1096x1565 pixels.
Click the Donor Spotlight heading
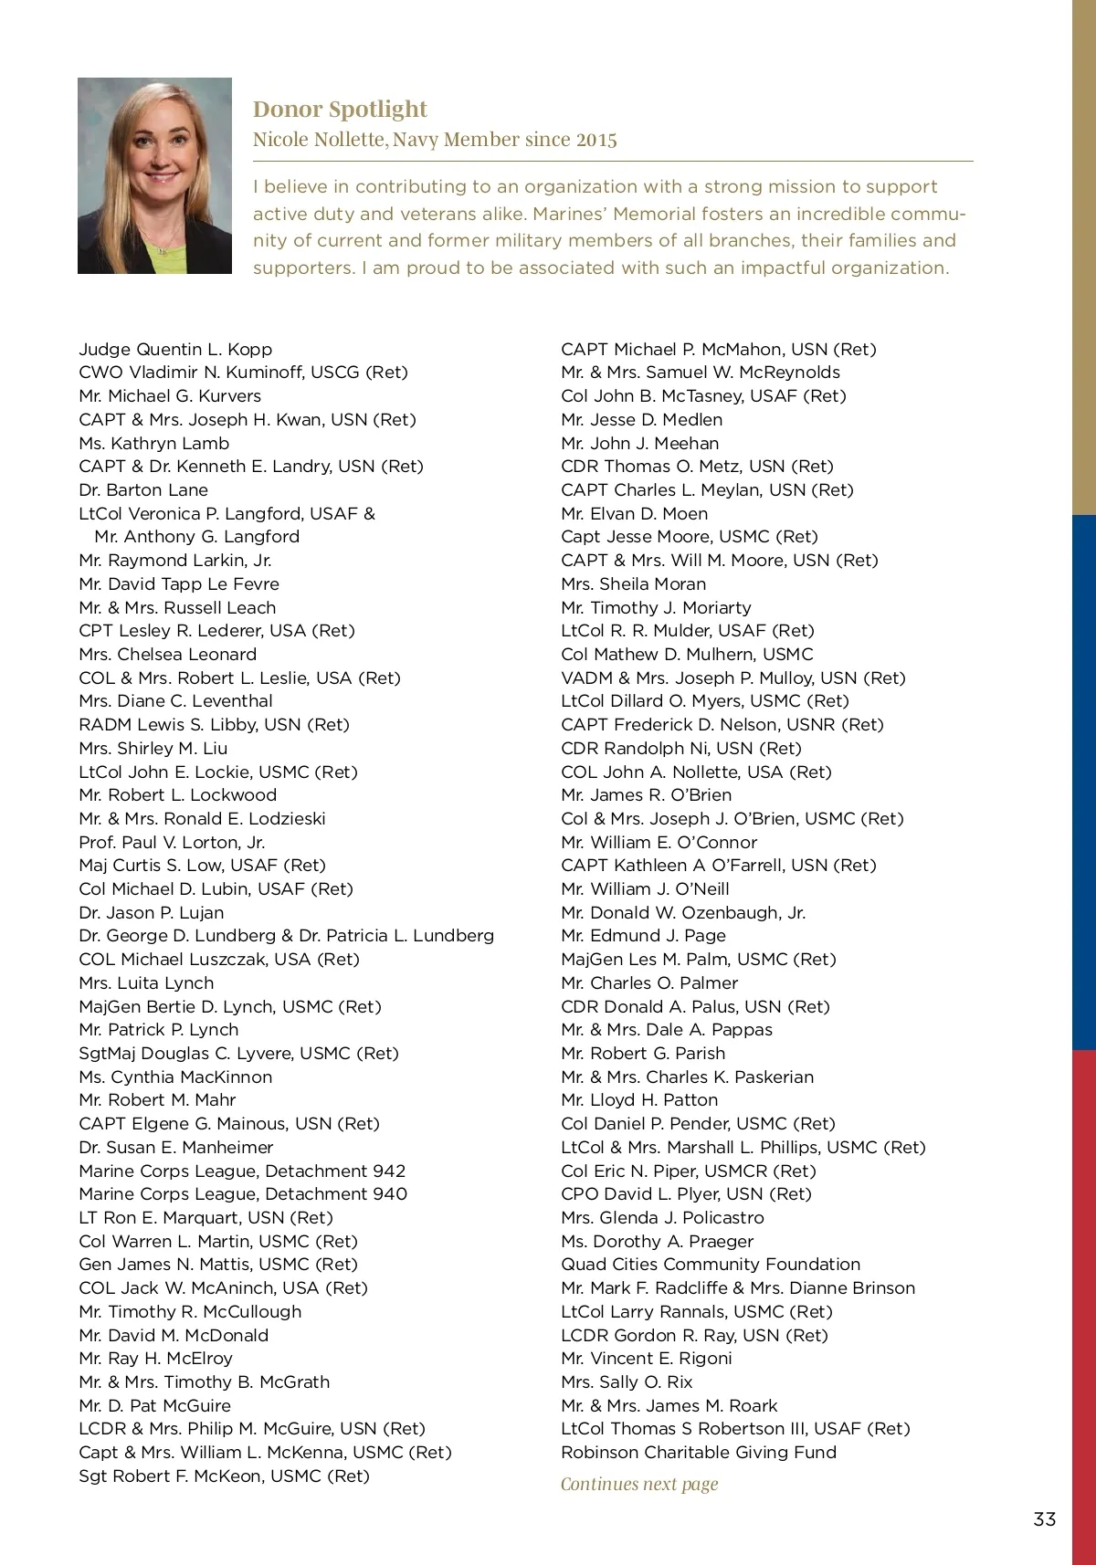340,110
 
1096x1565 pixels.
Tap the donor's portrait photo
154,175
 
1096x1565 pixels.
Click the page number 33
1044,1519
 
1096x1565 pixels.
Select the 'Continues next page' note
639,1484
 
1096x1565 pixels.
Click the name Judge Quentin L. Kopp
175,349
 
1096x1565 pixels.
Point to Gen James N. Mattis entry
218,1265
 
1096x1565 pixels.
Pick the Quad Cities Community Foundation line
711,1265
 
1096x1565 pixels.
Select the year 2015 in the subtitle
596,140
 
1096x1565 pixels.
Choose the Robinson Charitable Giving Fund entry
699,1453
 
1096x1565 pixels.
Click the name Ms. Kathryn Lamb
154,443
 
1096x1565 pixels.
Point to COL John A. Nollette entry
696,772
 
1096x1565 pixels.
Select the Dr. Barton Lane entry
143,490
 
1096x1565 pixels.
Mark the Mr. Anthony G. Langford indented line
196,537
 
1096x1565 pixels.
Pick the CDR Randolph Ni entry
681,749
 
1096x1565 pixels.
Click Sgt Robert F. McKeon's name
224,1476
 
